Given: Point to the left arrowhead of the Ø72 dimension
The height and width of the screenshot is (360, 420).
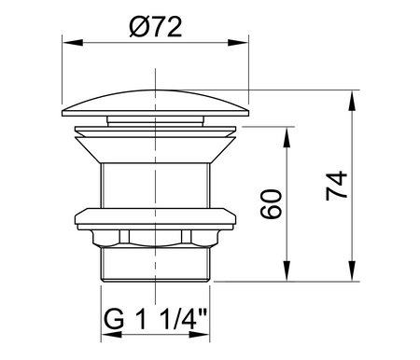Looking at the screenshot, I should pyautogui.click(x=68, y=42).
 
